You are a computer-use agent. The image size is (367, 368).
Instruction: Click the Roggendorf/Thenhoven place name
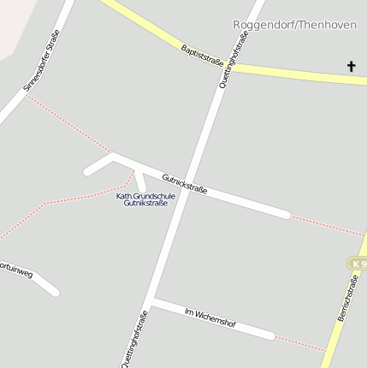point(294,25)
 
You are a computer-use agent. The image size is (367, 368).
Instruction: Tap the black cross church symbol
point(351,66)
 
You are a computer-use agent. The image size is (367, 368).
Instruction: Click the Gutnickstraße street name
point(184,183)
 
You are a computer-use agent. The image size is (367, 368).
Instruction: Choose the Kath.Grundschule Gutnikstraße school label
point(145,199)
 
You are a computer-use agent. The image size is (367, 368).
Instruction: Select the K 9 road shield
point(358,264)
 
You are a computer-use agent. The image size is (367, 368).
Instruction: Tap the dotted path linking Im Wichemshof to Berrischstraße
point(299,343)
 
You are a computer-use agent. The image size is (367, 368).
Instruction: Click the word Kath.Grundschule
point(145,196)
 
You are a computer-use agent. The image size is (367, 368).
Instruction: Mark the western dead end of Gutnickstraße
point(87,172)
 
